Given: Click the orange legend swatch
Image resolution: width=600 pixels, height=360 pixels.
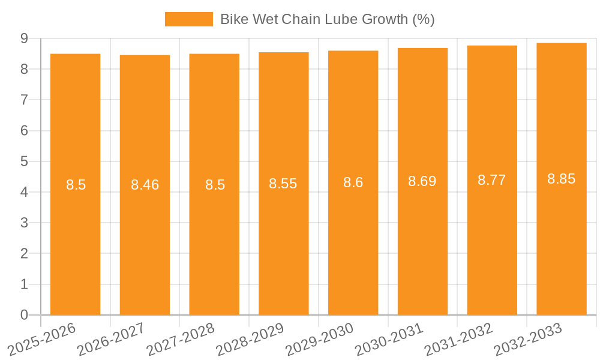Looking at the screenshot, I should click(x=188, y=19).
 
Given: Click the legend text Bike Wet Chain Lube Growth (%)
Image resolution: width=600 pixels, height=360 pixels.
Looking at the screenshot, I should click(x=327, y=19).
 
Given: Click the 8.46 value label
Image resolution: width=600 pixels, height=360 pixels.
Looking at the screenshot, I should click(x=145, y=185).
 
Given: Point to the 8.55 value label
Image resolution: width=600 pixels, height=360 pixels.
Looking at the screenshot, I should click(x=283, y=184).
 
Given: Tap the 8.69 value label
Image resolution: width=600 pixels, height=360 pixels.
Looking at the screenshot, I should click(x=422, y=181).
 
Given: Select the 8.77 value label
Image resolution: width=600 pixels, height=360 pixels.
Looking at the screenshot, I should click(x=492, y=180).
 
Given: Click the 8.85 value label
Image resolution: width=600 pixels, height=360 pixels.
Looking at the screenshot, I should click(x=562, y=179).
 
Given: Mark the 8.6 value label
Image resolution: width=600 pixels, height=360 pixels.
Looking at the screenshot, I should click(x=353, y=182).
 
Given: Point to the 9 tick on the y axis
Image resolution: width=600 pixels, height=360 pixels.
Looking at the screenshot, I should click(x=24, y=38).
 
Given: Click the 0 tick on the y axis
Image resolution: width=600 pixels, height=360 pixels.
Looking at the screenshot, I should click(x=24, y=315).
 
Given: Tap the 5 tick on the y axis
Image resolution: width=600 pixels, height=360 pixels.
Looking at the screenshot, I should click(x=24, y=161).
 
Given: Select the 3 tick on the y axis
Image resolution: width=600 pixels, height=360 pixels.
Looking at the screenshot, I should click(x=24, y=223).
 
